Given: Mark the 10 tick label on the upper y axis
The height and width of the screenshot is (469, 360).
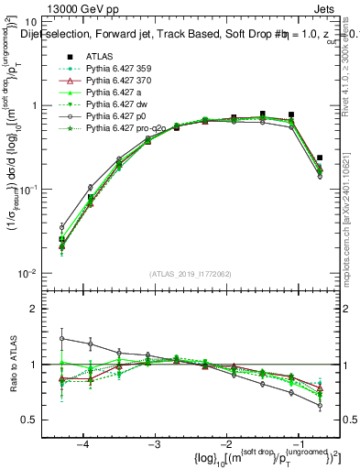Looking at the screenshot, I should point(37,22).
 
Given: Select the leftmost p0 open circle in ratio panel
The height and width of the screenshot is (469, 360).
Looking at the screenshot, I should point(61,339).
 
